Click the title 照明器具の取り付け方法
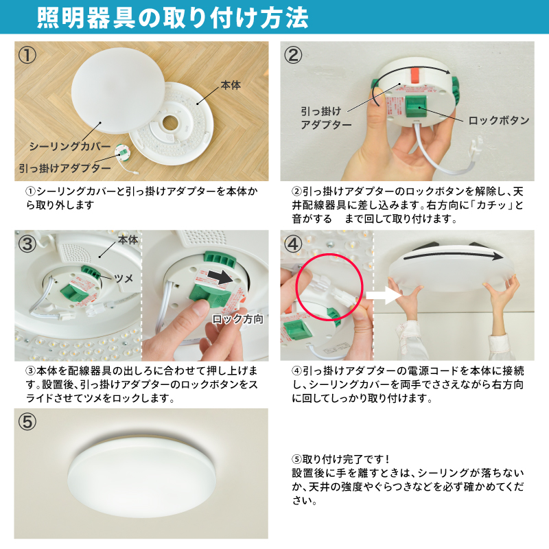(172, 18)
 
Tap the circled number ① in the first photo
(27, 55)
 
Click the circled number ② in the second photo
(293, 55)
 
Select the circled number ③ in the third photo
(27, 244)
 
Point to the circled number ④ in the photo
(293, 244)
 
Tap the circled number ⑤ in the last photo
(27, 421)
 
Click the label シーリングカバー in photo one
(70, 146)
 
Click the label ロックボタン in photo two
(499, 121)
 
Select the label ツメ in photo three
(124, 279)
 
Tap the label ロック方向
(237, 319)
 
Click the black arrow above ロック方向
(220, 277)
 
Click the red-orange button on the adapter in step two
(414, 75)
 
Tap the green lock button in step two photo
(416, 107)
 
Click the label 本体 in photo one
(231, 85)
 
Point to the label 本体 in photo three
(128, 240)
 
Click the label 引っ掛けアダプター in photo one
(65, 168)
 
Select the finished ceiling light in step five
(142, 476)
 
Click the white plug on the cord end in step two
(476, 145)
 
